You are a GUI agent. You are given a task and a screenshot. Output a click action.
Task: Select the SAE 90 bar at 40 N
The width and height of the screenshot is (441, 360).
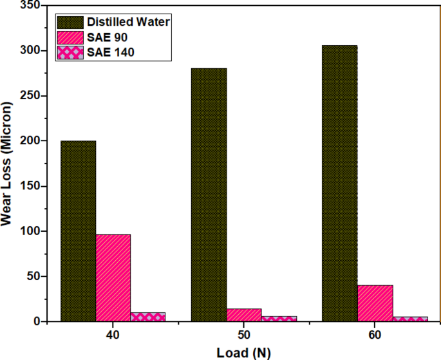tap(113, 278)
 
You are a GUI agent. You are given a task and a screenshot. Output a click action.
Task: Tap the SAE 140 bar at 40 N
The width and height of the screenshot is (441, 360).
tap(148, 317)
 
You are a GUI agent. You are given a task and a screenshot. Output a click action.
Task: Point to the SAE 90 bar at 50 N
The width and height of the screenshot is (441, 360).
tap(244, 315)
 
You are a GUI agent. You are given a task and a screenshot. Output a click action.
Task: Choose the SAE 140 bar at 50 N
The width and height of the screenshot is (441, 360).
tap(279, 318)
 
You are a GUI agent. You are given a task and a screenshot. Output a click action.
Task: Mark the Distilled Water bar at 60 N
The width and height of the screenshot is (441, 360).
tap(339, 183)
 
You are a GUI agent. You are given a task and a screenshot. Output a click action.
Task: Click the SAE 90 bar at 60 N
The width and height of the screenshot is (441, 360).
tap(375, 303)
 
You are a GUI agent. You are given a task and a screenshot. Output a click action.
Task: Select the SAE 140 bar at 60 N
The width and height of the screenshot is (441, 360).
tap(409, 319)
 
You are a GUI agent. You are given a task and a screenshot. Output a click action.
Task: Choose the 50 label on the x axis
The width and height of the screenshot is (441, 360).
tap(244, 336)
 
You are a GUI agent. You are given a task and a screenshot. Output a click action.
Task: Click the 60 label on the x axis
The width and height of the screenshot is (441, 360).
tap(375, 336)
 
